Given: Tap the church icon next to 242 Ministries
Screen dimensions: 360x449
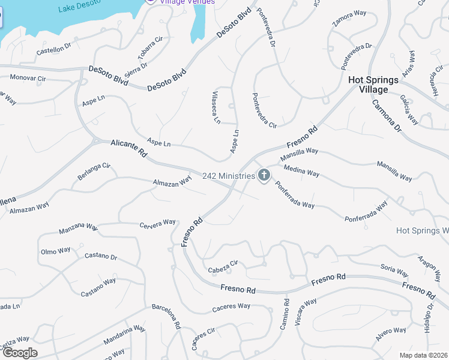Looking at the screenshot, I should [x=264, y=175].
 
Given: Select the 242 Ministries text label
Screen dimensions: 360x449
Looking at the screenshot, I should [x=229, y=176].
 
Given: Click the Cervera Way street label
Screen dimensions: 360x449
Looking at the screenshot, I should [x=157, y=224].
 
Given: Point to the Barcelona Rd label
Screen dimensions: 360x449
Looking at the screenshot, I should [x=166, y=316].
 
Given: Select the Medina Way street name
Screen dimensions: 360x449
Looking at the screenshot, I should [x=301, y=171].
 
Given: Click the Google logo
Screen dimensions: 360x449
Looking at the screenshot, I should [x=20, y=353].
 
